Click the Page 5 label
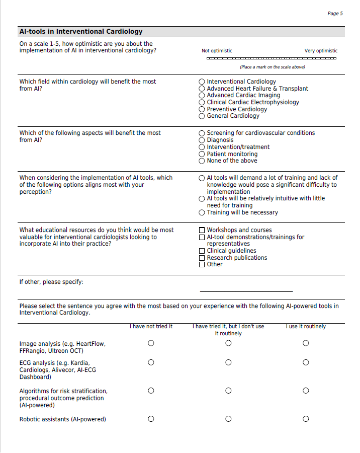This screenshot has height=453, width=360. (335, 14)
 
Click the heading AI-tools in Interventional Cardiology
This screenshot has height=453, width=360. (81, 32)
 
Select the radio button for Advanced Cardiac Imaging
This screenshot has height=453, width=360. (202, 95)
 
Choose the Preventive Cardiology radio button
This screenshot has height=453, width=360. (202, 109)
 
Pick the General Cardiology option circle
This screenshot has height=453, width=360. (202, 116)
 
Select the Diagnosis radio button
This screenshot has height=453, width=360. (202, 140)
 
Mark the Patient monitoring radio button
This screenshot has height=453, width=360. (202, 154)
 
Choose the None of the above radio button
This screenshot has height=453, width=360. (202, 161)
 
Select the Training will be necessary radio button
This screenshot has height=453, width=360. (202, 212)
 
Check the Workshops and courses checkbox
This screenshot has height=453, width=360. (202, 230)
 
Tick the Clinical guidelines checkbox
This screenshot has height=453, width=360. (202, 251)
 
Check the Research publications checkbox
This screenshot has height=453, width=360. (202, 258)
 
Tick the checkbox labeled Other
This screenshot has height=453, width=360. (202, 264)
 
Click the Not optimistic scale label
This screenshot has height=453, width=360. (217, 51)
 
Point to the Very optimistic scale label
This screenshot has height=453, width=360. (321, 51)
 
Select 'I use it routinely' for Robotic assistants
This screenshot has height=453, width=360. (306, 419)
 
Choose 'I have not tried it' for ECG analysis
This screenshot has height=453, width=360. (151, 362)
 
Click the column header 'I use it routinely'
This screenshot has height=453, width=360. (306, 327)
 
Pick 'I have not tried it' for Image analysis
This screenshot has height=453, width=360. (151, 343)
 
